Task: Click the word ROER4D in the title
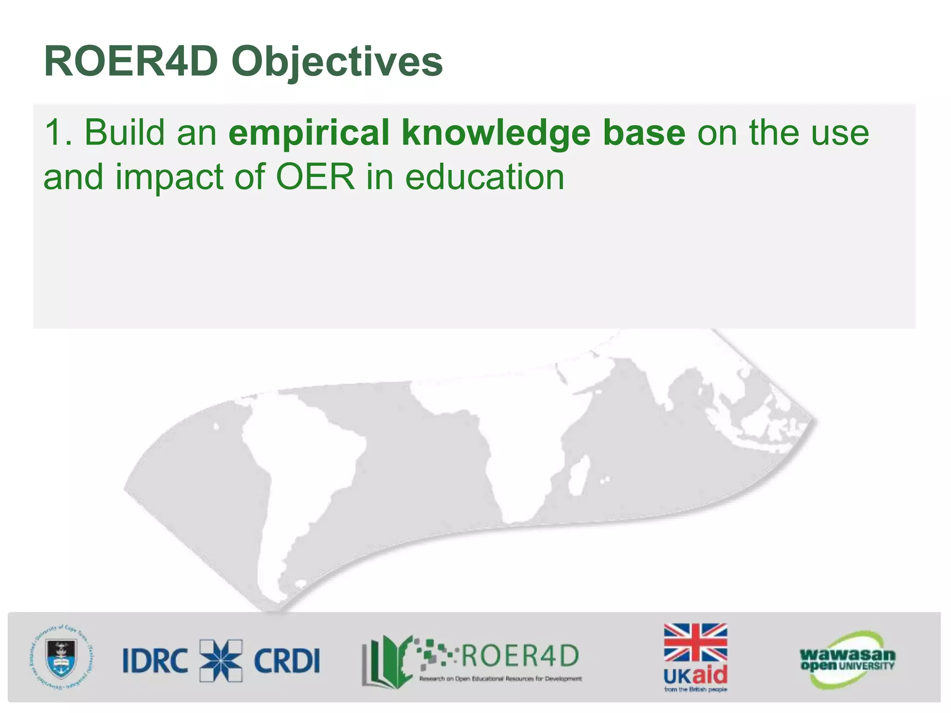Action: point(131,62)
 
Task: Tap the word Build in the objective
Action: point(124,133)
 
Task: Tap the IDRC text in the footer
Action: point(155,660)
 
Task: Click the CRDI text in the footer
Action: point(287,660)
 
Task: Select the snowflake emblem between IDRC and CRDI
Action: point(221,660)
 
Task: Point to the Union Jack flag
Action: point(695,643)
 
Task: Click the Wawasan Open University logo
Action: point(847,659)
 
